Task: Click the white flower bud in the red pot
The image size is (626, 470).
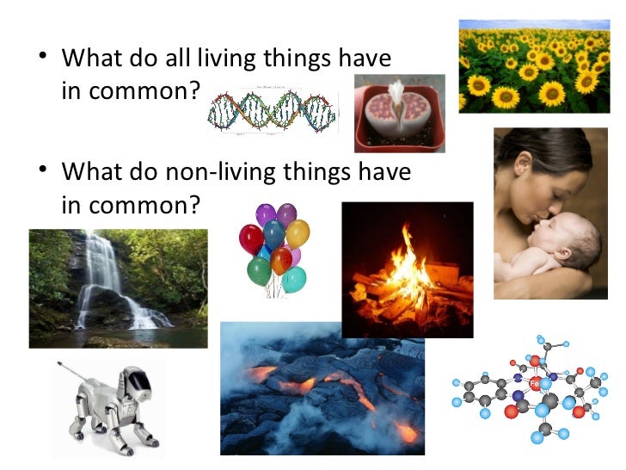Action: point(396,93)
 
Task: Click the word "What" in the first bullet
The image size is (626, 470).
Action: point(90,60)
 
